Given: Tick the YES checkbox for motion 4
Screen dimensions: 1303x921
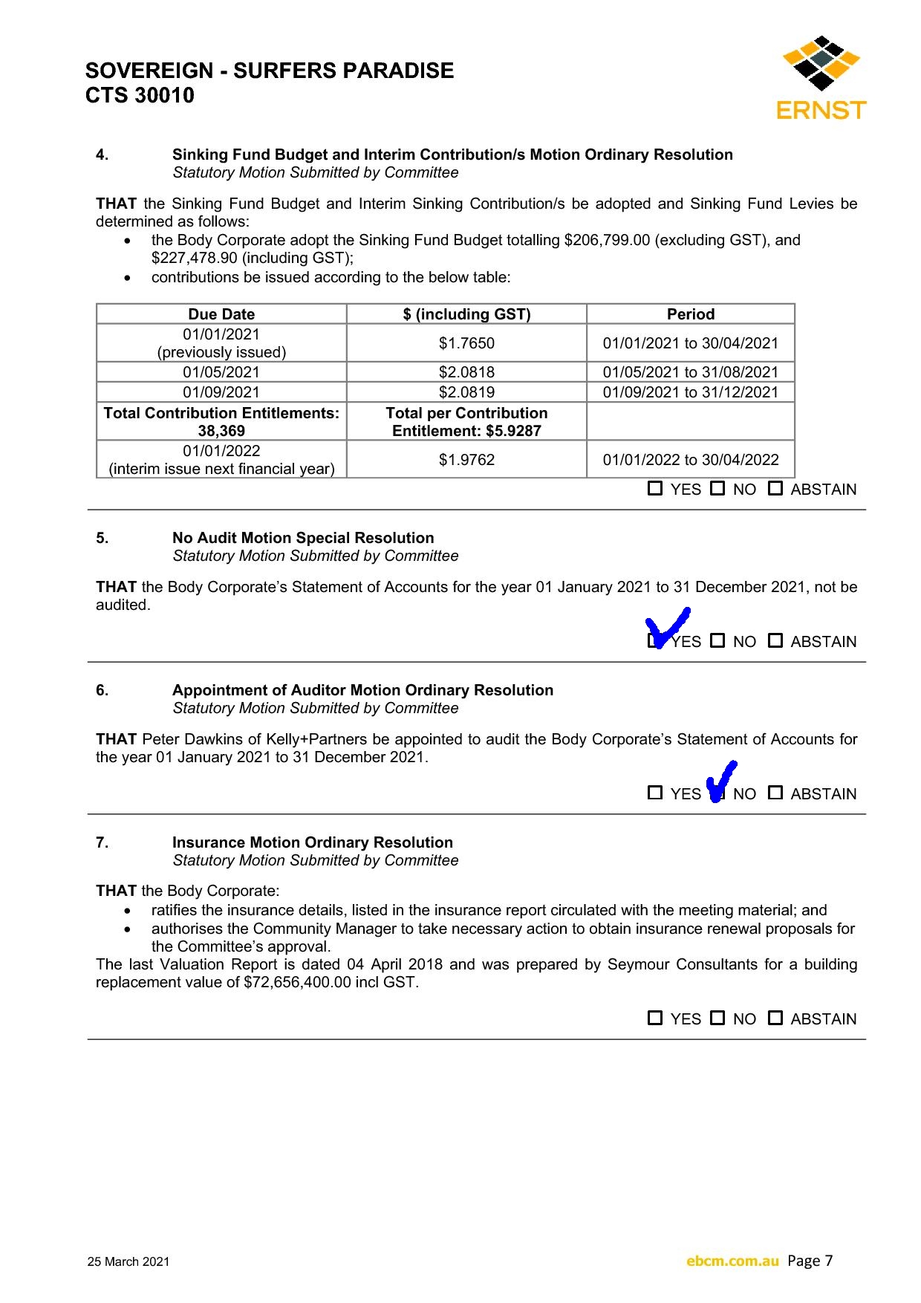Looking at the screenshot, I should coord(654,488).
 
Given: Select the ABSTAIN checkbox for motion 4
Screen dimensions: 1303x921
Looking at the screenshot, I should coord(775,488).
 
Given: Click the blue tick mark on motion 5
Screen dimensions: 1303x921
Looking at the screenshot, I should coord(667,627).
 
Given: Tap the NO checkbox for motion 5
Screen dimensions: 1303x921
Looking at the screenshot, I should coord(717,640).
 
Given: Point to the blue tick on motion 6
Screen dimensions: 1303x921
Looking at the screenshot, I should coord(720,781).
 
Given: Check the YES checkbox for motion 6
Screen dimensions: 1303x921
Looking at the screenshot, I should coord(654,793).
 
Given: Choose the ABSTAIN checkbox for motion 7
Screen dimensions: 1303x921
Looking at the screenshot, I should coord(775,1018).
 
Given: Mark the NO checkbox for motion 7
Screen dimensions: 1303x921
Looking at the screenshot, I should coord(717,1018).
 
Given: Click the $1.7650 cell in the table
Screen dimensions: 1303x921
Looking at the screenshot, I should coord(466,343).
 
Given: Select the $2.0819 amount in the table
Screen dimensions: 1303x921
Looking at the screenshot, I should coord(466,392).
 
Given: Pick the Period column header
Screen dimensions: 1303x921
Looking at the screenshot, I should coord(690,314).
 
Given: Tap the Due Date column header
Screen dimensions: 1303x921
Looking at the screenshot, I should coord(221,314).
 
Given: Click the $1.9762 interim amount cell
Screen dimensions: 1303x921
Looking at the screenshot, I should coord(466,460).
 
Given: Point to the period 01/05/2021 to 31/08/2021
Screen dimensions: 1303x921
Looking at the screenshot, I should coord(690,372).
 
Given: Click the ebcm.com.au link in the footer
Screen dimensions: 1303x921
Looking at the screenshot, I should coord(732,1261).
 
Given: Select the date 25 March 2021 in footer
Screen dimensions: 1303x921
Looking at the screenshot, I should coord(128,1261).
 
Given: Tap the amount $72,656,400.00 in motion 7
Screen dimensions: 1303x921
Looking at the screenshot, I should coord(297,982).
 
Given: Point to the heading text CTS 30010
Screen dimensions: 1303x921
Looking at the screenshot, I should coord(140,95).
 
